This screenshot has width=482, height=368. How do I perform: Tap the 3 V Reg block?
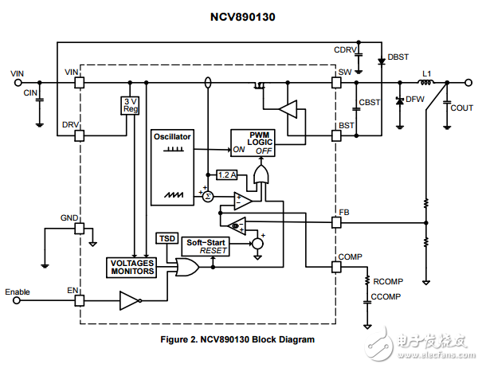(x=130, y=106)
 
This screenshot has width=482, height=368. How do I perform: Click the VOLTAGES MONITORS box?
(x=131, y=267)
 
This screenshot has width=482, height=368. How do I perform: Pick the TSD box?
(x=167, y=238)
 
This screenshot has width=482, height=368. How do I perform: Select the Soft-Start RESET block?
(x=206, y=246)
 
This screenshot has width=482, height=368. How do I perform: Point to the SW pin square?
(x=335, y=82)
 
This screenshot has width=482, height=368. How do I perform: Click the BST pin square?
(x=335, y=135)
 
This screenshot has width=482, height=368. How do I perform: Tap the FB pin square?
(x=335, y=223)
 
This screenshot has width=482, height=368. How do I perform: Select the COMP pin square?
(x=335, y=267)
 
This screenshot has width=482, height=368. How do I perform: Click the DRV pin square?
(x=79, y=135)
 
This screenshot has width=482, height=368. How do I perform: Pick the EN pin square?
(x=79, y=300)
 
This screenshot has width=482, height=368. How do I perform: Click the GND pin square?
(x=79, y=229)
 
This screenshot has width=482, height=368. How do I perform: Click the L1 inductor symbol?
(x=427, y=82)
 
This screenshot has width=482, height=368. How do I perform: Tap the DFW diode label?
(x=414, y=99)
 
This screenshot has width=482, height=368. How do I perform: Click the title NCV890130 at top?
(x=241, y=14)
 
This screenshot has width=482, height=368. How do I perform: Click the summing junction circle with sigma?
(x=207, y=195)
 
